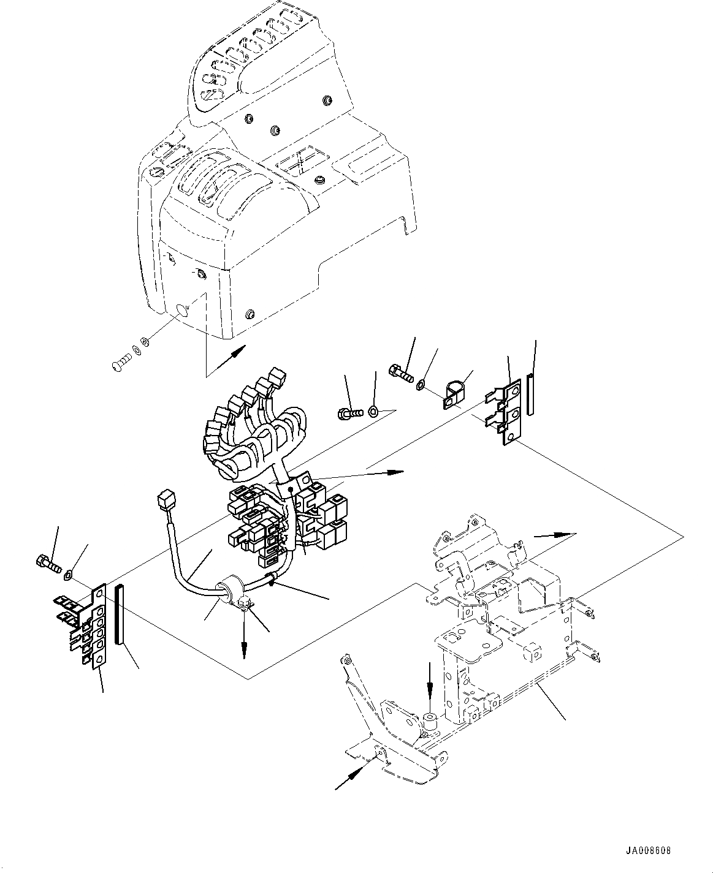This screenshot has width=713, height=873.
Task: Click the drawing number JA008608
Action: pos(649,851)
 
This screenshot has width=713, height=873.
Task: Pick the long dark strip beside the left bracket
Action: pos(118,613)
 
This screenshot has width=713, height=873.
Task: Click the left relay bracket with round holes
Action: pos(92,628)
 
